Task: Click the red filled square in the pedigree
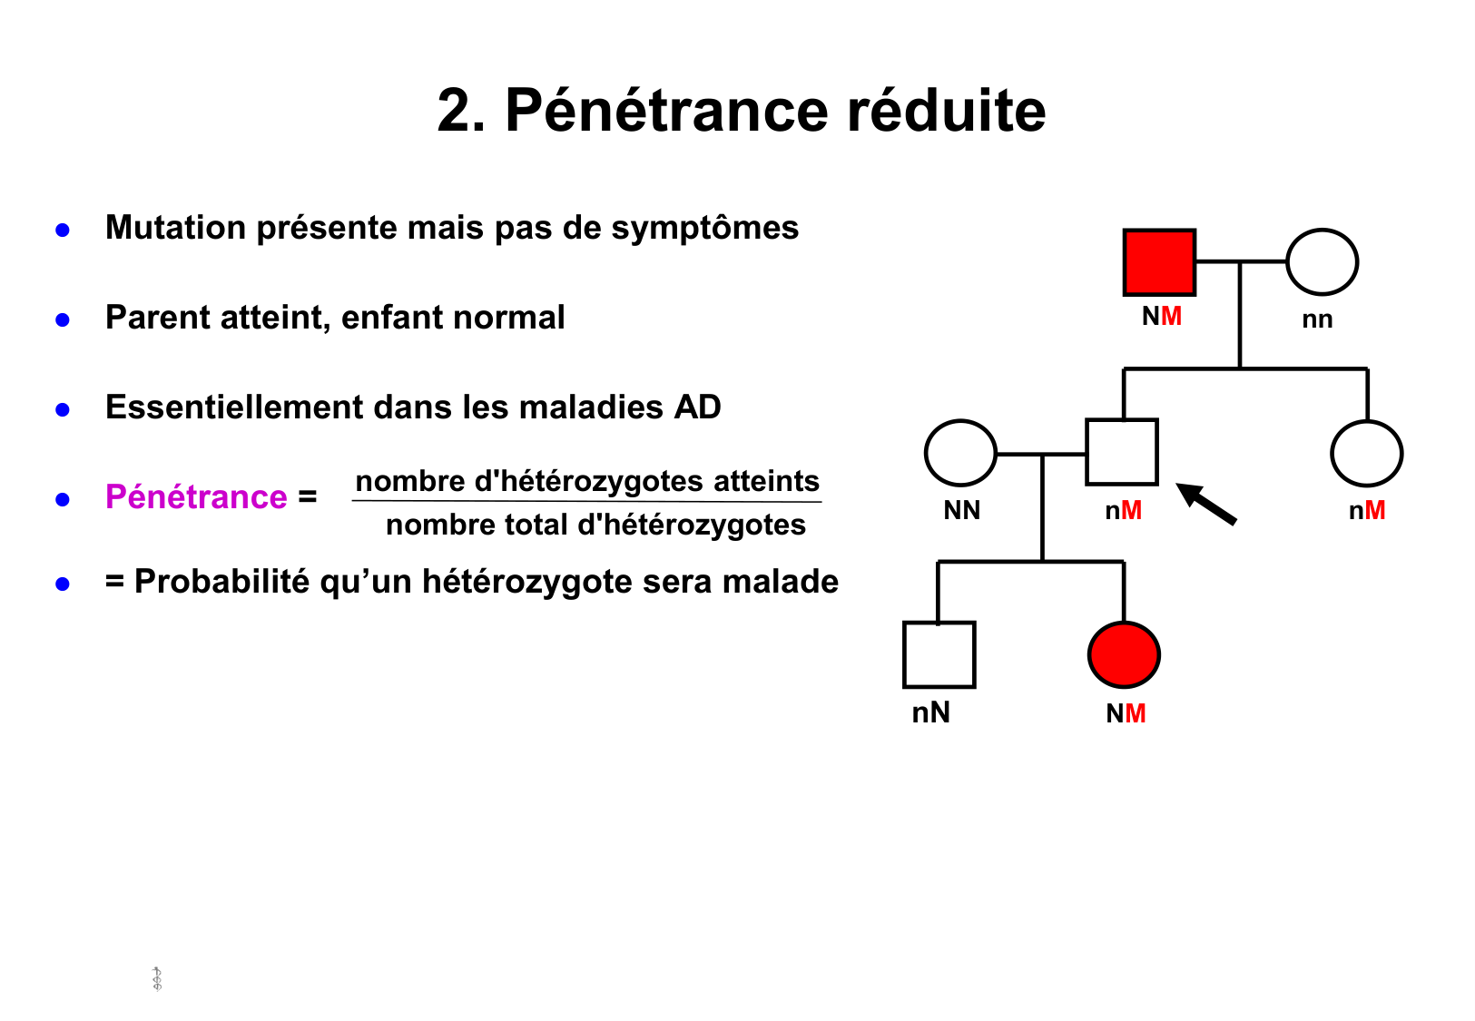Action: (x=1159, y=262)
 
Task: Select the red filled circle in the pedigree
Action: (x=1124, y=654)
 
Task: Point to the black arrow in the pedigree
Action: (x=1206, y=504)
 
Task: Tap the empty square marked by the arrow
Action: (x=1122, y=452)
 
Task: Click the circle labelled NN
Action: (x=960, y=453)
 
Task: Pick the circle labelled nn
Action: (x=1323, y=262)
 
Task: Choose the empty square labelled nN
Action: (x=939, y=654)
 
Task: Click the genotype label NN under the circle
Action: (x=962, y=510)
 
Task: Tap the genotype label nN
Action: (x=931, y=712)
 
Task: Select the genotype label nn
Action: (x=1317, y=319)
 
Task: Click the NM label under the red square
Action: (x=1162, y=316)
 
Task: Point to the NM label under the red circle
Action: (x=1126, y=713)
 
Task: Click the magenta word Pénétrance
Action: (x=196, y=497)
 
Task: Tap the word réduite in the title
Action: (x=946, y=111)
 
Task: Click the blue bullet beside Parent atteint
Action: (x=63, y=319)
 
